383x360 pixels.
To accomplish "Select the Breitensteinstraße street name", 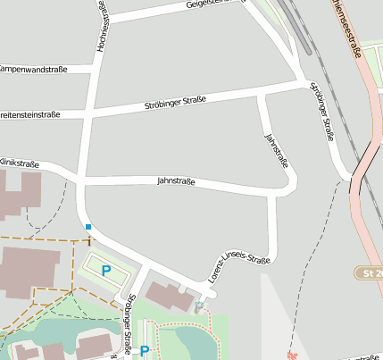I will [29, 114].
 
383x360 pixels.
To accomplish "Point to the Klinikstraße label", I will [19, 163].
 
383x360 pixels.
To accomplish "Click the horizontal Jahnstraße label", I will [176, 180].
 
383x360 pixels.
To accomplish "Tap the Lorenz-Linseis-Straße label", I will [238, 265].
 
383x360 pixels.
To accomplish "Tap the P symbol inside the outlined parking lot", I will [106, 270].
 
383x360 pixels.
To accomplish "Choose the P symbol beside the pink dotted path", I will [145, 351].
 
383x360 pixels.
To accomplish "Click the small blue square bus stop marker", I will [87, 228].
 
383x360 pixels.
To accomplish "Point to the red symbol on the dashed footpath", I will [290, 355].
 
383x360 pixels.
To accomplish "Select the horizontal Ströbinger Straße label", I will [176, 105].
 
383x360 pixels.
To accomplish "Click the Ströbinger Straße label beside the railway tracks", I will [321, 112].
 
